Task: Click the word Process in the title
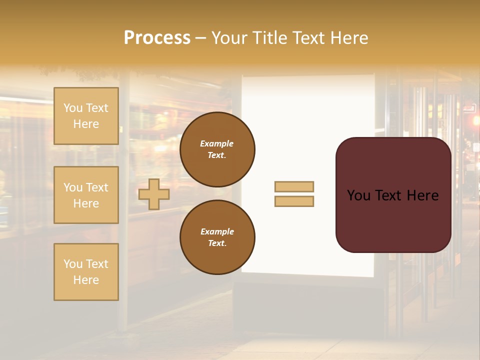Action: click(x=157, y=38)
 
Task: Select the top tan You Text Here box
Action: click(x=86, y=116)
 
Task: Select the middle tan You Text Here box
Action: click(x=86, y=195)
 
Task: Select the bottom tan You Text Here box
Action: click(x=86, y=272)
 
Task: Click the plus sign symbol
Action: click(x=154, y=194)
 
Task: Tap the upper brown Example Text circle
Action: click(x=217, y=149)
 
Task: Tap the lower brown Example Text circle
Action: click(x=217, y=237)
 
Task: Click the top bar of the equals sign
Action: click(x=294, y=186)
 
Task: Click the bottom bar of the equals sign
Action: click(x=294, y=201)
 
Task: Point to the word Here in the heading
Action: click(x=350, y=38)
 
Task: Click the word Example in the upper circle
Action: click(x=216, y=143)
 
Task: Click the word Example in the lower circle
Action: click(x=217, y=231)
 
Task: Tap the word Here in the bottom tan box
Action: click(x=86, y=280)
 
